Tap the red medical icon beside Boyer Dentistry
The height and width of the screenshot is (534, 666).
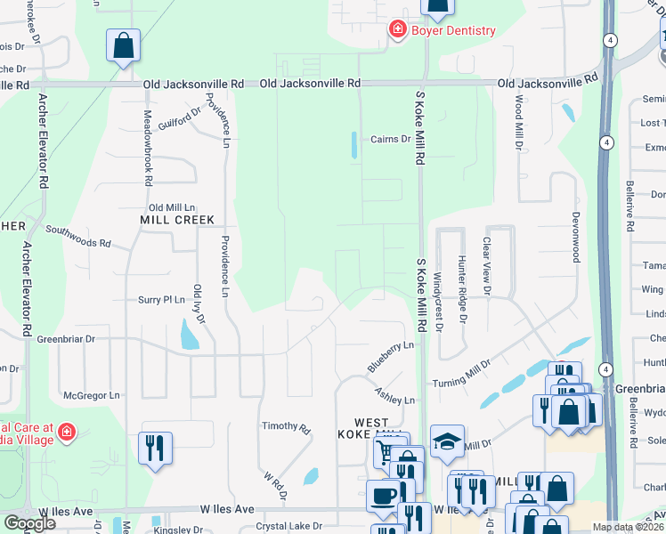397,30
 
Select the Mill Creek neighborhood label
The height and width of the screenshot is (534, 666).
177,219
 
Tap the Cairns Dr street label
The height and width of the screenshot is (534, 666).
390,139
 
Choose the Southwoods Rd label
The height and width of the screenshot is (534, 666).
77,236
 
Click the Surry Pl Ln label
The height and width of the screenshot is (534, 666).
161,300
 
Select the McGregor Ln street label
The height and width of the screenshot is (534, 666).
91,394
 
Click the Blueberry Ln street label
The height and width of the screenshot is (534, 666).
391,355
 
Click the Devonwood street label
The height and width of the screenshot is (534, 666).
575,235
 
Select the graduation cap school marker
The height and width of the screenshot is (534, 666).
446,440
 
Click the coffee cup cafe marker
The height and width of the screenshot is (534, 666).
384,495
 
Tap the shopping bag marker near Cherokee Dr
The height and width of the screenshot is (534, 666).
123,44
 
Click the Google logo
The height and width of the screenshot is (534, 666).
29,522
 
